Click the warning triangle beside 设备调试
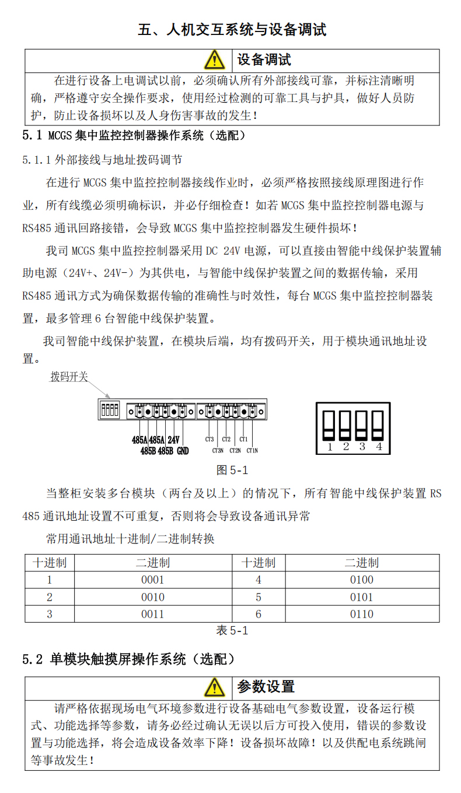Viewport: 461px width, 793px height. click(214, 59)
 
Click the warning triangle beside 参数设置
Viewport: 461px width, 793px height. click(214, 687)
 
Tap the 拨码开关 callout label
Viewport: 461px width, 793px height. click(69, 377)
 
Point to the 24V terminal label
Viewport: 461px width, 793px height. click(173, 440)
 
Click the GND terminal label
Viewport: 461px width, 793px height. click(183, 450)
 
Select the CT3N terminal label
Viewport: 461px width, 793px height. click(218, 450)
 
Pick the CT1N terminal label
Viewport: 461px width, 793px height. click(252, 450)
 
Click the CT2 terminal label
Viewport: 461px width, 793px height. click(226, 439)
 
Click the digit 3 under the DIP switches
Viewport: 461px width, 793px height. click(362, 447)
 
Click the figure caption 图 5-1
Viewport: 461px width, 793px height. click(232, 470)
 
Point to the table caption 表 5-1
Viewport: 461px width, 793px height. click(232, 630)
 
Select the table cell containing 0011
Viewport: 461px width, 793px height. click(153, 614)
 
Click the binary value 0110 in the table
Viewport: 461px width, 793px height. click(361, 614)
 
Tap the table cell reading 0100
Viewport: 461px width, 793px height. click(361, 580)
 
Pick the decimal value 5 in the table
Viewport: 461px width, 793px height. click(259, 597)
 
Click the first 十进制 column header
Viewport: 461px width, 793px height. click(50, 563)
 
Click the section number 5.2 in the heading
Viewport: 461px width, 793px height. click(33, 659)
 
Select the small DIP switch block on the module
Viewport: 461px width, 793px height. click(110, 409)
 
